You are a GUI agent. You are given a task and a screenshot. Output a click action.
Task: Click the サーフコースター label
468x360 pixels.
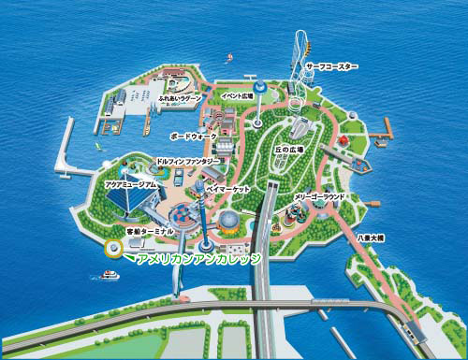click(x=330, y=66)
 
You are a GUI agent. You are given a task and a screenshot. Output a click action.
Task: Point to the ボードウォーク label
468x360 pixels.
click(x=194, y=137)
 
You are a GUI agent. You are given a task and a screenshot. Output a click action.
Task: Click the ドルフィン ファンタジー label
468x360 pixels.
click(x=189, y=162)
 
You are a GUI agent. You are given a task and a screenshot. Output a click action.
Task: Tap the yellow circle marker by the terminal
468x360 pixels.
click(x=113, y=249)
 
